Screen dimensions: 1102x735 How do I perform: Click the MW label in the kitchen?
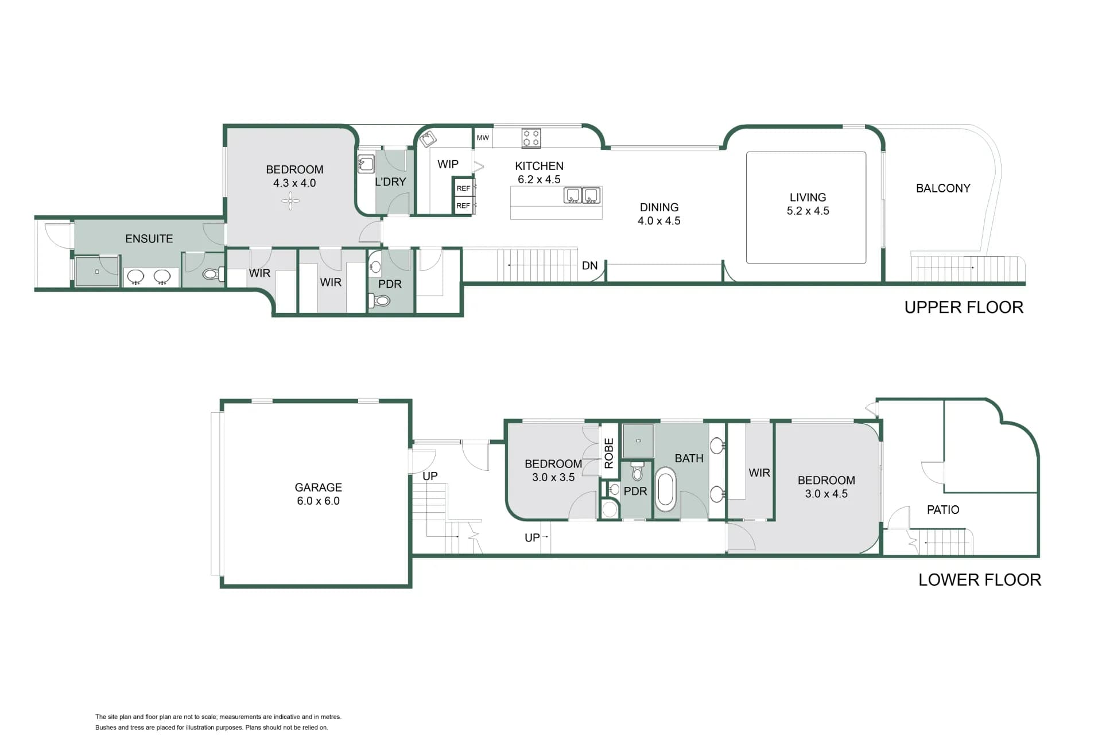483,138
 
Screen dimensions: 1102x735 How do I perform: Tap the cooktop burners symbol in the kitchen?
531,138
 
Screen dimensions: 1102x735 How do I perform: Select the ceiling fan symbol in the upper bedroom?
290,200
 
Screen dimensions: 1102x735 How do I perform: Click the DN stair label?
590,266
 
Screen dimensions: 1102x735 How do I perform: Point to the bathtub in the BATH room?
666,489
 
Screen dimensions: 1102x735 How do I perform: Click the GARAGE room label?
319,488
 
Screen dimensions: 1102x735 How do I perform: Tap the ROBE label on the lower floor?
610,453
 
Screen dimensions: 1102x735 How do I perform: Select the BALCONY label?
943,188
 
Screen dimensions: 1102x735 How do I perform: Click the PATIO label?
943,510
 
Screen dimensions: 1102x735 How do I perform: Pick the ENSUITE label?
149,239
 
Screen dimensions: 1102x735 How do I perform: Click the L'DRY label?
390,182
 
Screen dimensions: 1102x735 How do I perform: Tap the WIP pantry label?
448,164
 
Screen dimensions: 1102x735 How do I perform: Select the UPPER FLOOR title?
964,308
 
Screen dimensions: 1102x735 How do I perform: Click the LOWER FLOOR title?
980,580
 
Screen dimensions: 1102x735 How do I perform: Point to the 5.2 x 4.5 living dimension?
808,211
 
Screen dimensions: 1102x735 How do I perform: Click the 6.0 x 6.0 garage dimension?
319,501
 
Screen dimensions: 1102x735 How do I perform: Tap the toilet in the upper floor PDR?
381,300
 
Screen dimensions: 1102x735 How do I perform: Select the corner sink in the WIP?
428,139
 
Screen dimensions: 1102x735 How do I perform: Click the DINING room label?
659,207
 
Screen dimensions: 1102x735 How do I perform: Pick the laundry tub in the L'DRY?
366,164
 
